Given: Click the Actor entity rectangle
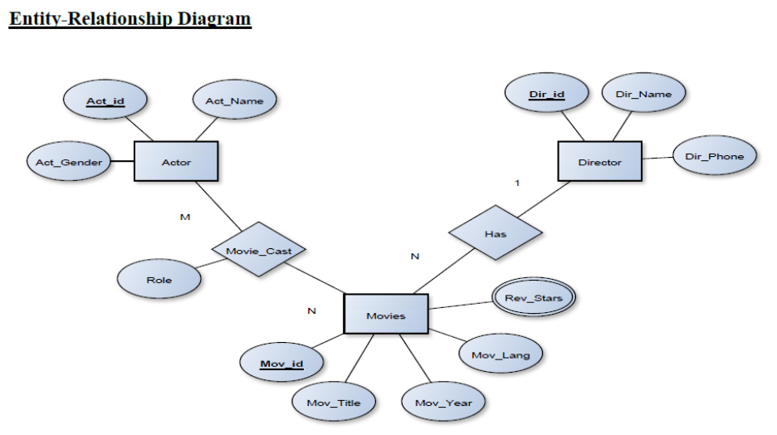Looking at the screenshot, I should click(176, 162).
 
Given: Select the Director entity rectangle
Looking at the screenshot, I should click(599, 162).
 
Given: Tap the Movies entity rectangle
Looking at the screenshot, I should click(386, 315).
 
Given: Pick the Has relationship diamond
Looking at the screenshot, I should click(495, 233).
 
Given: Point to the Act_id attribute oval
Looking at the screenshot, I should click(105, 101).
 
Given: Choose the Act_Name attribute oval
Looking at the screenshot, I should click(234, 101).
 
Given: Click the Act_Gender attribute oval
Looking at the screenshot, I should click(68, 162).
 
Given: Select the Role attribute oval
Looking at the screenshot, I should click(159, 280).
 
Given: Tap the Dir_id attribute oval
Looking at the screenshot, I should click(546, 94).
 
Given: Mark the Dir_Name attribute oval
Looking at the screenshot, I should click(643, 94).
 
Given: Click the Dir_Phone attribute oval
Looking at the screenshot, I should click(714, 156).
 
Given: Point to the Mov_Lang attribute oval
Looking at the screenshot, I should click(500, 355).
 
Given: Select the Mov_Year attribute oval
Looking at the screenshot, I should click(443, 403).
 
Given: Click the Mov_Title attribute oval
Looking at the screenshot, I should click(334, 403).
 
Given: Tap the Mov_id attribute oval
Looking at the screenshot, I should click(281, 364).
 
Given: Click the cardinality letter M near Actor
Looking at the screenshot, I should click(185, 217).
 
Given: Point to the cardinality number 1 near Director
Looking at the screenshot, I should click(517, 183).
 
